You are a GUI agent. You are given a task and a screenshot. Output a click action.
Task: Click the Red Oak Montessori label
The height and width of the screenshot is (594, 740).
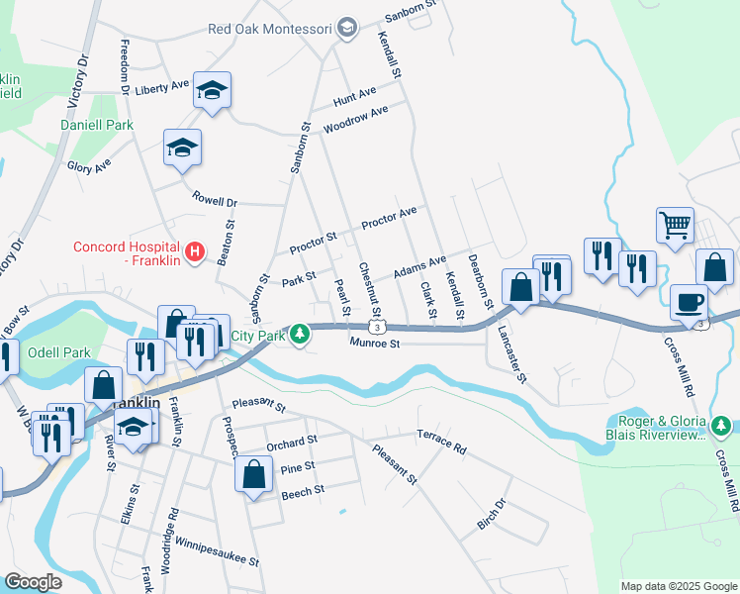coord(270,29)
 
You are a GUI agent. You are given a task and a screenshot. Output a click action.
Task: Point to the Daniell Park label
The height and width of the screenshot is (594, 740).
coord(96,126)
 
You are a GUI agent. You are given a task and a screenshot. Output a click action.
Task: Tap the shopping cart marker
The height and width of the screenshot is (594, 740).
coord(675,224)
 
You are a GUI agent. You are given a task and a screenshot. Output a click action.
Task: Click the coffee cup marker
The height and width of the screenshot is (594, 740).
coord(689,301)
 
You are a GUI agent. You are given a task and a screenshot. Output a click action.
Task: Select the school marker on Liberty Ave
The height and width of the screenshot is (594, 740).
coord(212,90)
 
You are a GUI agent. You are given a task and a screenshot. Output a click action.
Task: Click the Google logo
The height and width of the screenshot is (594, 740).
coord(33,582)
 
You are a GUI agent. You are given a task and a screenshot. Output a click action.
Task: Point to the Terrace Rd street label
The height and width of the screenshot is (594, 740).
coord(440,442)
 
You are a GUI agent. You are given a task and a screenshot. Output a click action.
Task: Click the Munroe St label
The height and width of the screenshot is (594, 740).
coord(374,344)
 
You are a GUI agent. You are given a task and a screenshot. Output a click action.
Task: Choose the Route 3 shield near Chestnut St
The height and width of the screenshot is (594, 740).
coord(377,326)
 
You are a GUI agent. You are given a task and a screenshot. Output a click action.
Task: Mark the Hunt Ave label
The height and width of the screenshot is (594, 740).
coord(355,97)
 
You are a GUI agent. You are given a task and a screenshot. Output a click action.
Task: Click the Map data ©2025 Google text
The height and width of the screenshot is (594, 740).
coord(679,586)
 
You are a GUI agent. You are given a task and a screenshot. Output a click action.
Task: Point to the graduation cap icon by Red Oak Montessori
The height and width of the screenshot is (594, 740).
coord(346,29)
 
